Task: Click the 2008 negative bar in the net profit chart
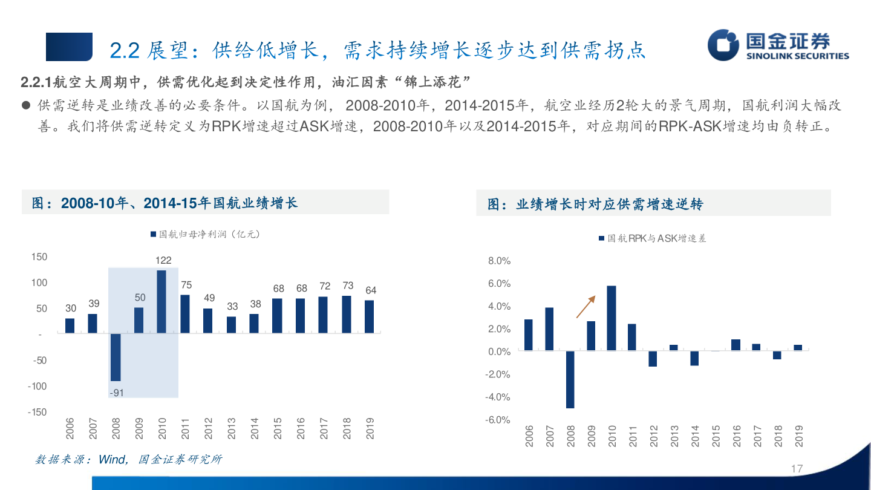[116, 357]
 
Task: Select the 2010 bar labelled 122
[161, 301]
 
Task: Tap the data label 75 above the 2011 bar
[186, 285]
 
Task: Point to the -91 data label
[116, 393]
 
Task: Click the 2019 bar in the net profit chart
[370, 316]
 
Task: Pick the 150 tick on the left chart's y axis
[39, 257]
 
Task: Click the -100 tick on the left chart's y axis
[37, 386]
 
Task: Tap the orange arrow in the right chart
[586, 307]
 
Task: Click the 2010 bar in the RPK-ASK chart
[612, 318]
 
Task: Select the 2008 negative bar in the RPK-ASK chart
[570, 379]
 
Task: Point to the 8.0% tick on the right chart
[499, 261]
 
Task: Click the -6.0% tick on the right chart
[498, 420]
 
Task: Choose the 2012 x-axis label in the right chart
[653, 436]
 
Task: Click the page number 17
[797, 469]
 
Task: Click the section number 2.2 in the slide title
[125, 50]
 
